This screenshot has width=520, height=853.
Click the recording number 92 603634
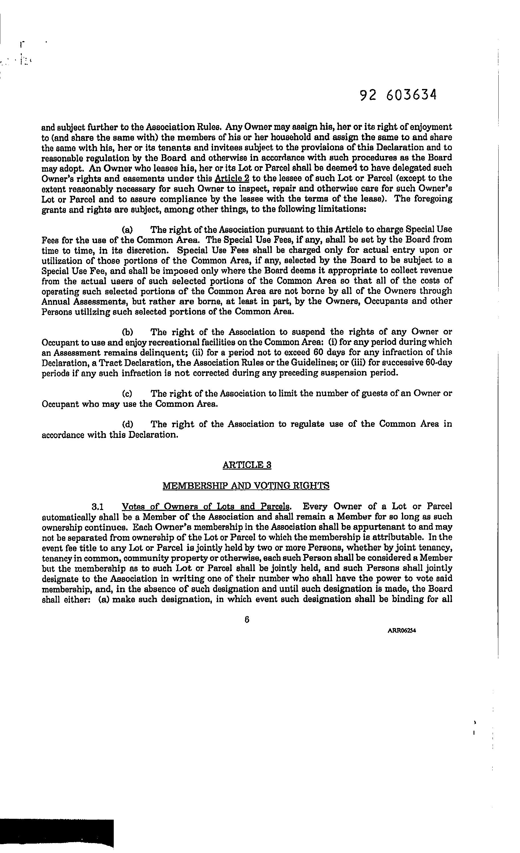[x=398, y=95]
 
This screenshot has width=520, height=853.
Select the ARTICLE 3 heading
[x=247, y=465]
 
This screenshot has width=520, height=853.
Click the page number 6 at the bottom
[x=247, y=620]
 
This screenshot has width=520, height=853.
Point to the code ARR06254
[x=402, y=630]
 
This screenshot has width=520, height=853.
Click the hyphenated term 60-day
[x=440, y=363]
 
